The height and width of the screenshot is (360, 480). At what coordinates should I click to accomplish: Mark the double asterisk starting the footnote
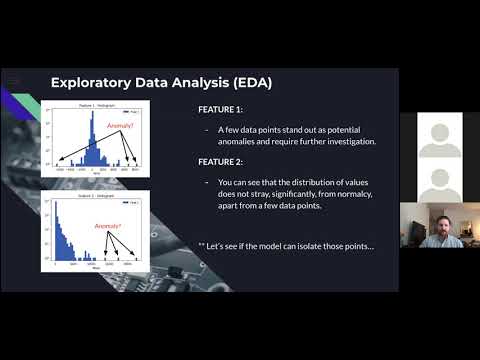coord(204,245)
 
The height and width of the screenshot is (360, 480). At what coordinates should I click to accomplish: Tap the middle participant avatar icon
coord(438,180)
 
